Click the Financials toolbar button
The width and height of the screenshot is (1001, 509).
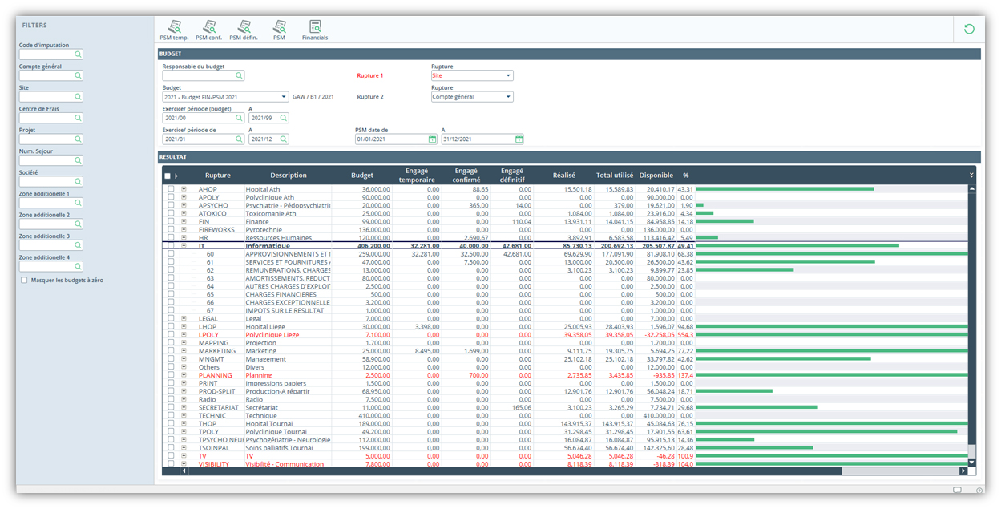(x=314, y=30)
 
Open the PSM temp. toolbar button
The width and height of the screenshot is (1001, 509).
(x=174, y=30)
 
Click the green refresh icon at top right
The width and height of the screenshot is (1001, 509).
(x=969, y=30)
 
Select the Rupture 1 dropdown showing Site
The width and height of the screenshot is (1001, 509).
(x=472, y=76)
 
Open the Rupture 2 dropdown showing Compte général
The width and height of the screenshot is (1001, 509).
(x=472, y=97)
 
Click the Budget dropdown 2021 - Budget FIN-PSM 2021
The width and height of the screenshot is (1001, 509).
(x=225, y=97)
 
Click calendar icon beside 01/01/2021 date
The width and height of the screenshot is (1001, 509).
(x=432, y=139)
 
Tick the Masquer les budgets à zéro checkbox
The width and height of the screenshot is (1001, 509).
(x=24, y=281)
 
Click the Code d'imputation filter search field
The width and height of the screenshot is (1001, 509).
(x=50, y=55)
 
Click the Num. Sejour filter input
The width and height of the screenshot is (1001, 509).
(x=50, y=160)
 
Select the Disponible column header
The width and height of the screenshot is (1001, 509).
(x=656, y=175)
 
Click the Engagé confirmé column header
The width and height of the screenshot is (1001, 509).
(x=466, y=175)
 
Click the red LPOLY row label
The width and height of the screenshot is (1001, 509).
(x=208, y=335)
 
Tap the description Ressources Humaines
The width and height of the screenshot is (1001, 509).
(x=277, y=238)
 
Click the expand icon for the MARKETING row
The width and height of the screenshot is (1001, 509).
(x=184, y=351)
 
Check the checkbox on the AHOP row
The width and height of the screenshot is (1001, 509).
(x=170, y=189)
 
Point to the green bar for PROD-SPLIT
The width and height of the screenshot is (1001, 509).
(x=733, y=391)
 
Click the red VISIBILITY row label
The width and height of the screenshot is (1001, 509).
(x=213, y=464)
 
